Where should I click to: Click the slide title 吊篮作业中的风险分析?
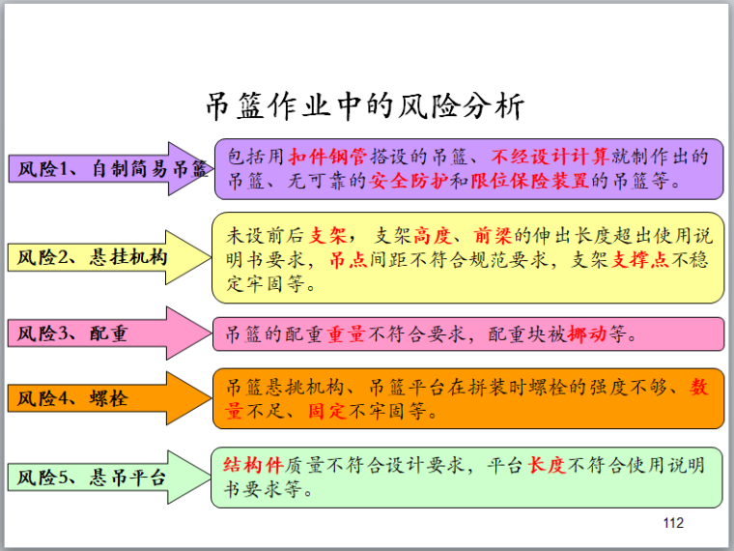[x=365, y=105]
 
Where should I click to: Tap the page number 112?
[x=673, y=523]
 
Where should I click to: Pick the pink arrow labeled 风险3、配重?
[x=97, y=334]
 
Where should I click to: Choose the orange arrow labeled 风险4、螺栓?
[x=97, y=397]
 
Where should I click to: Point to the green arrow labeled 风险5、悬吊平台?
[x=106, y=478]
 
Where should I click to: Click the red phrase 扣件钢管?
[x=328, y=156]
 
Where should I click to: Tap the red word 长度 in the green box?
[x=547, y=465]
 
